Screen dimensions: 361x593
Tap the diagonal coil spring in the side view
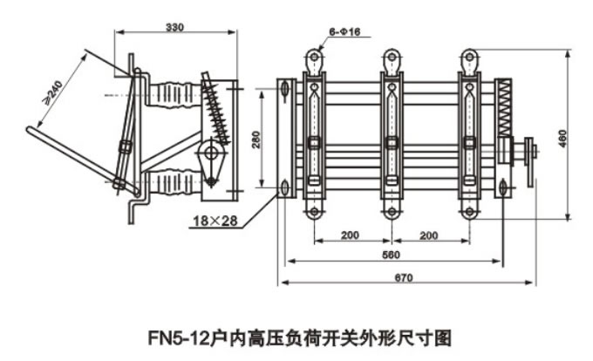point(216,109)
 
